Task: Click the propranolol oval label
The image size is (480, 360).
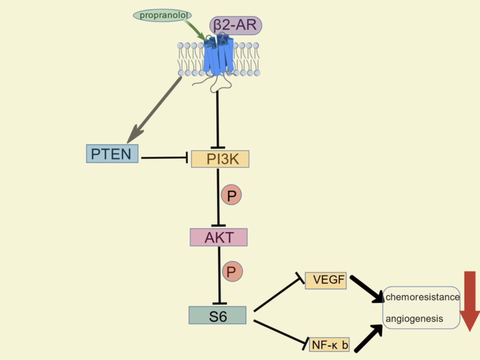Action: tap(163, 15)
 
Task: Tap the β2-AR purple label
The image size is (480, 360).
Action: tap(236, 25)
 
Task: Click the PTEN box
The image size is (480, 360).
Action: tap(112, 154)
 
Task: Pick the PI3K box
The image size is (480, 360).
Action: tap(220, 159)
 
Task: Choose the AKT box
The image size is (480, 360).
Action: tap(218, 238)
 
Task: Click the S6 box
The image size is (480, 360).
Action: tap(217, 315)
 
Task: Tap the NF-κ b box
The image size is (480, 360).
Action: tap(329, 345)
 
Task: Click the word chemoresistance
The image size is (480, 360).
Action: tap(422, 297)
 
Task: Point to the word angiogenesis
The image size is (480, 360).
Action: tap(414, 318)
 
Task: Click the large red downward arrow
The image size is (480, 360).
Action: tap(470, 299)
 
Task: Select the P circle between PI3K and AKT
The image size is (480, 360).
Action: tap(231, 195)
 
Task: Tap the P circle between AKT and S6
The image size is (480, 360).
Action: tap(232, 272)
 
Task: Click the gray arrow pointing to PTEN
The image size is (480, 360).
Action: tap(155, 110)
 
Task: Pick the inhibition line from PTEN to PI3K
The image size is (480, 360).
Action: tap(164, 157)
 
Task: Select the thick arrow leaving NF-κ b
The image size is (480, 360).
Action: tap(368, 338)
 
